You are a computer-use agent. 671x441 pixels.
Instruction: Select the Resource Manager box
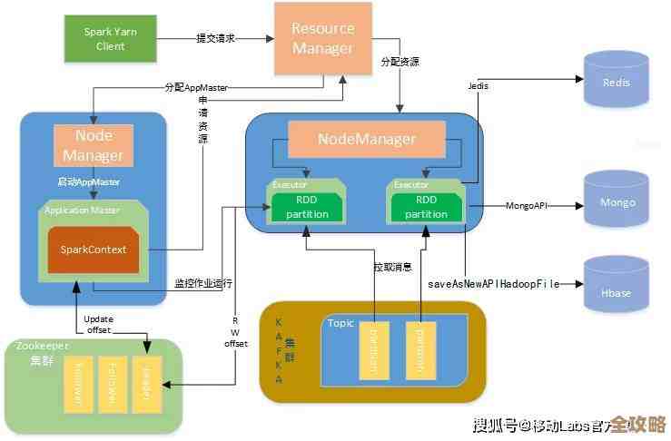tap(323, 37)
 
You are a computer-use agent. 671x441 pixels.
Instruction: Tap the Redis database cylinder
tap(616, 82)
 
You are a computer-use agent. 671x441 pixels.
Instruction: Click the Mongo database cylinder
tap(616, 202)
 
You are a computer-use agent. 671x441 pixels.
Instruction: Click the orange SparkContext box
tap(94, 249)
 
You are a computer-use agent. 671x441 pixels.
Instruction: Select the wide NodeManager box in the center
tap(367, 139)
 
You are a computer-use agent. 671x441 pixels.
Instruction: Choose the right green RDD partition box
tap(425, 208)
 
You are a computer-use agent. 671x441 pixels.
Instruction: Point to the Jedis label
tap(479, 85)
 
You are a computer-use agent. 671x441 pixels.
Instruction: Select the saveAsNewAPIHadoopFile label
tap(494, 283)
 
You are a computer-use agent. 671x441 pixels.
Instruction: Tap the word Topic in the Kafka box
tap(341, 323)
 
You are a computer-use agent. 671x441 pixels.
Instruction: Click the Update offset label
tap(97, 325)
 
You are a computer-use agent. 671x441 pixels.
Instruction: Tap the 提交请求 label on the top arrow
tap(215, 39)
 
